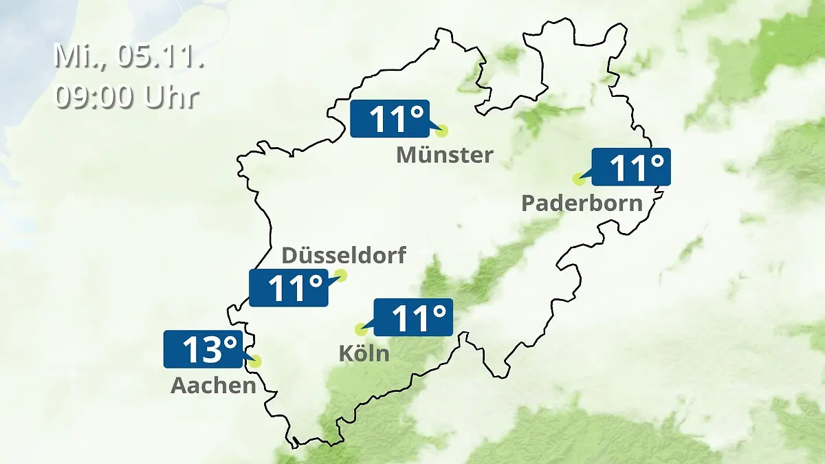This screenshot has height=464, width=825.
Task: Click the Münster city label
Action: click(x=444, y=155)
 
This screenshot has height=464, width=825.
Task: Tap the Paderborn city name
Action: click(x=582, y=203)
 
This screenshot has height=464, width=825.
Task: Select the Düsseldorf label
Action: click(x=344, y=256)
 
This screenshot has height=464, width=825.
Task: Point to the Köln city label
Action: click(x=364, y=354)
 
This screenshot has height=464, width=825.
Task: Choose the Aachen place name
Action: click(x=213, y=386)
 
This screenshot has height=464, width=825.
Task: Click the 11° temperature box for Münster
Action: click(x=390, y=119)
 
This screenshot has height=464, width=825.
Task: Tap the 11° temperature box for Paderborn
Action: click(x=630, y=167)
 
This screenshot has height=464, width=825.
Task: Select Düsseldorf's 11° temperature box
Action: click(x=288, y=288)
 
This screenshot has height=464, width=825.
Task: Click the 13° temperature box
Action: click(x=203, y=349)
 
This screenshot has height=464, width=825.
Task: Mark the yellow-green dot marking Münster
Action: click(x=441, y=130)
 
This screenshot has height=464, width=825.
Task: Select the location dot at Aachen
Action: click(x=256, y=361)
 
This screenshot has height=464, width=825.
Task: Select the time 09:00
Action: click(x=96, y=96)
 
